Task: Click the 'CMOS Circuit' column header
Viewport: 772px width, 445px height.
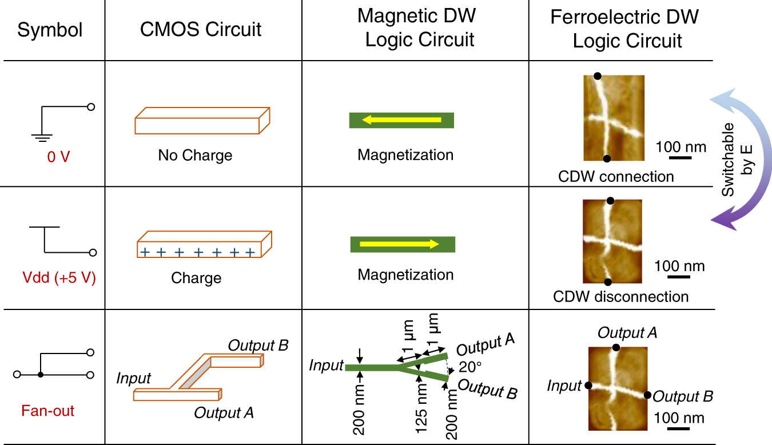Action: coord(201,30)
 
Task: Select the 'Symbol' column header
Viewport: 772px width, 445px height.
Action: coord(50,30)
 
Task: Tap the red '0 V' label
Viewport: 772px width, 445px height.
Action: coord(58,156)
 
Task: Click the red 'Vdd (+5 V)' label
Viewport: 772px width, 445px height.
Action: coord(58,279)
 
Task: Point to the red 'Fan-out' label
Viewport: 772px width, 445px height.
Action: coord(47,411)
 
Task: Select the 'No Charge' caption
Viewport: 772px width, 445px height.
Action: coord(195,156)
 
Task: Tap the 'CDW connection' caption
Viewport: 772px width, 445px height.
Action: coord(616,176)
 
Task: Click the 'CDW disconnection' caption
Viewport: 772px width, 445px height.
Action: coord(620,297)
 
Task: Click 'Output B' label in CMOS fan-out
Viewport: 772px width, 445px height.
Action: coord(258,345)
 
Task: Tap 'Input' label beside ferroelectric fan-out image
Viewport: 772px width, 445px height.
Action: coord(564,387)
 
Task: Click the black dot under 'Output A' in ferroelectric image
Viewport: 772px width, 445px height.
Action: coord(615,347)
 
